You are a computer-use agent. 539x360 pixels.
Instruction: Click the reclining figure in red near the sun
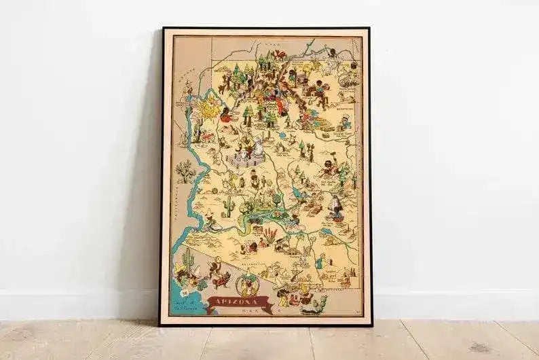[x=226, y=117]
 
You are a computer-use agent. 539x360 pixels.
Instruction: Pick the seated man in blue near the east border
[x=346, y=122]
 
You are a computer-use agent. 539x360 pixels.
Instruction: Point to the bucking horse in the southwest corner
[x=219, y=278]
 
